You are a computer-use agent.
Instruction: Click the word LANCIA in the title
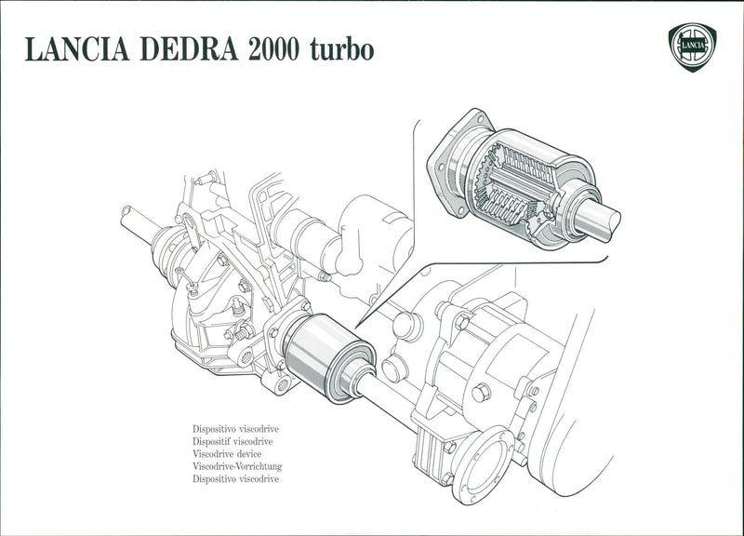(77, 50)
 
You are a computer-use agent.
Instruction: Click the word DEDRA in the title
(192, 50)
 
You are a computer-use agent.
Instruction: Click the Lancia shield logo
(692, 47)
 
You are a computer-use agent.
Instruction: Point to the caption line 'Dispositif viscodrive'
(232, 442)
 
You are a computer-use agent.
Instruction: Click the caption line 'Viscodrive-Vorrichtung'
(237, 466)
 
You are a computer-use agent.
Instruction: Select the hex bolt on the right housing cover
(481, 393)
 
